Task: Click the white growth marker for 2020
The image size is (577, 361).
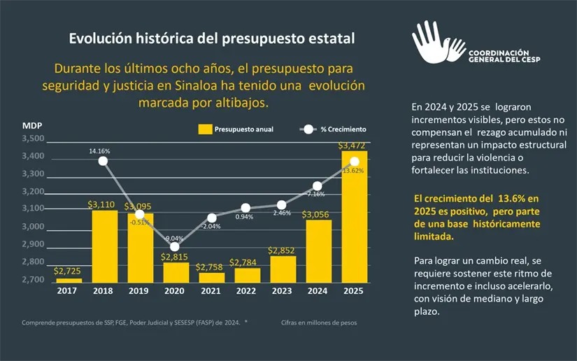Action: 175,246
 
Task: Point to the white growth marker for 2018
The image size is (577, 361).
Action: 104,161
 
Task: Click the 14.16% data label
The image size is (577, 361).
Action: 100,150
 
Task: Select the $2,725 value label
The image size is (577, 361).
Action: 68,271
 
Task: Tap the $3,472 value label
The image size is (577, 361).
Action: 352,146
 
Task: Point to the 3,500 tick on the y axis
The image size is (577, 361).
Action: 33,139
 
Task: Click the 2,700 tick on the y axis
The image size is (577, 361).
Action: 33,280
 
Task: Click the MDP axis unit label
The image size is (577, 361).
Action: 32,126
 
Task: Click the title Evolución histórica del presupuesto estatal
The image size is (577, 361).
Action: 211,38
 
